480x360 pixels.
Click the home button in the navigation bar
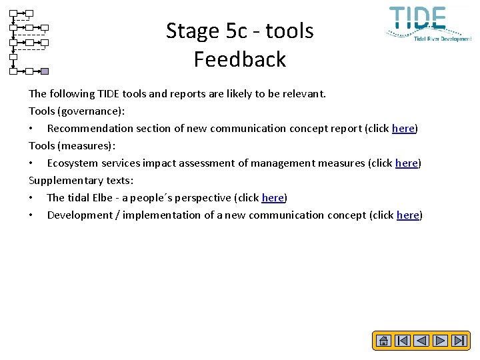383,341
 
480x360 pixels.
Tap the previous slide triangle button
421,341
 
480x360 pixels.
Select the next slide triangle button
440,341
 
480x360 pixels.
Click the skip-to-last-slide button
459,341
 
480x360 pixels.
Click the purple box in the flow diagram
45,71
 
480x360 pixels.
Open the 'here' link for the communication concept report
403,129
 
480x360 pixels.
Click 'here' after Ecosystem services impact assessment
407,163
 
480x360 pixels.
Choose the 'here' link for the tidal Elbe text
273,198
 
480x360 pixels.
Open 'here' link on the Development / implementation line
408,215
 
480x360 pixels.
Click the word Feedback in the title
240,59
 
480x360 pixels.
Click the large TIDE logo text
418,18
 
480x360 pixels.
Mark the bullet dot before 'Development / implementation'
31,215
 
